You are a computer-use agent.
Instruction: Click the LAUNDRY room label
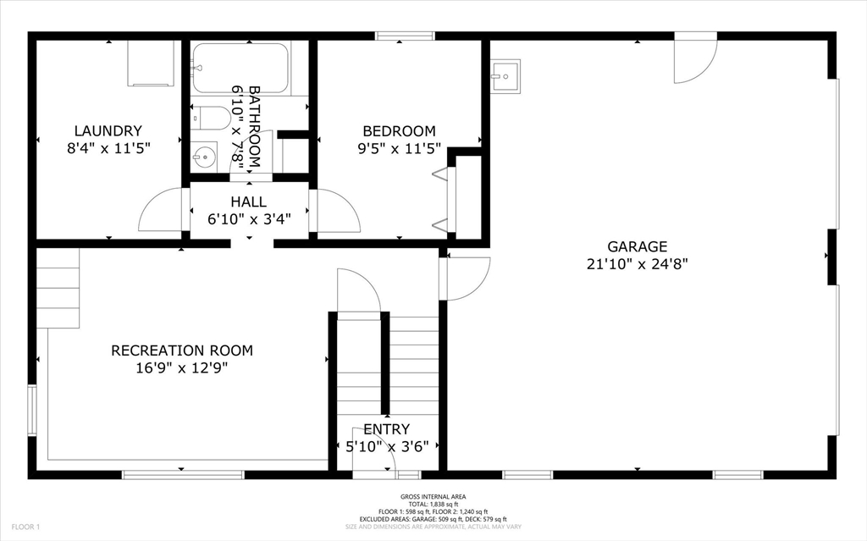[108, 131]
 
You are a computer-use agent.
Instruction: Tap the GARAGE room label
[638, 246]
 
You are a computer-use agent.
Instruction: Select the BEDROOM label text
[399, 131]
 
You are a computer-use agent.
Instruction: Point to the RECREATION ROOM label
[181, 351]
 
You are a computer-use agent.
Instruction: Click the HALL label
[248, 202]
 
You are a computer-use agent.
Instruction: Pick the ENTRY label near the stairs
[386, 429]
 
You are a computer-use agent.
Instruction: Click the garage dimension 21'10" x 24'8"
[638, 263]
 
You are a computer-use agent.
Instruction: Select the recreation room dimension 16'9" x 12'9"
[181, 367]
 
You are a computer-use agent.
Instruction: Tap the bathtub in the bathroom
[240, 68]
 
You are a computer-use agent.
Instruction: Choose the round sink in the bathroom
[203, 156]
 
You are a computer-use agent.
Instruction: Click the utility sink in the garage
[505, 76]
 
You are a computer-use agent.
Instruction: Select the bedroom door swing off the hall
[337, 211]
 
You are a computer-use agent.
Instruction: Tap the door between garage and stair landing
[466, 278]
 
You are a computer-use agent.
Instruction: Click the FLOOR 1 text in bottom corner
[25, 527]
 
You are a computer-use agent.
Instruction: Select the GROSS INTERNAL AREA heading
[433, 497]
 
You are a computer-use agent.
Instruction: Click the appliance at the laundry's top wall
[151, 63]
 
